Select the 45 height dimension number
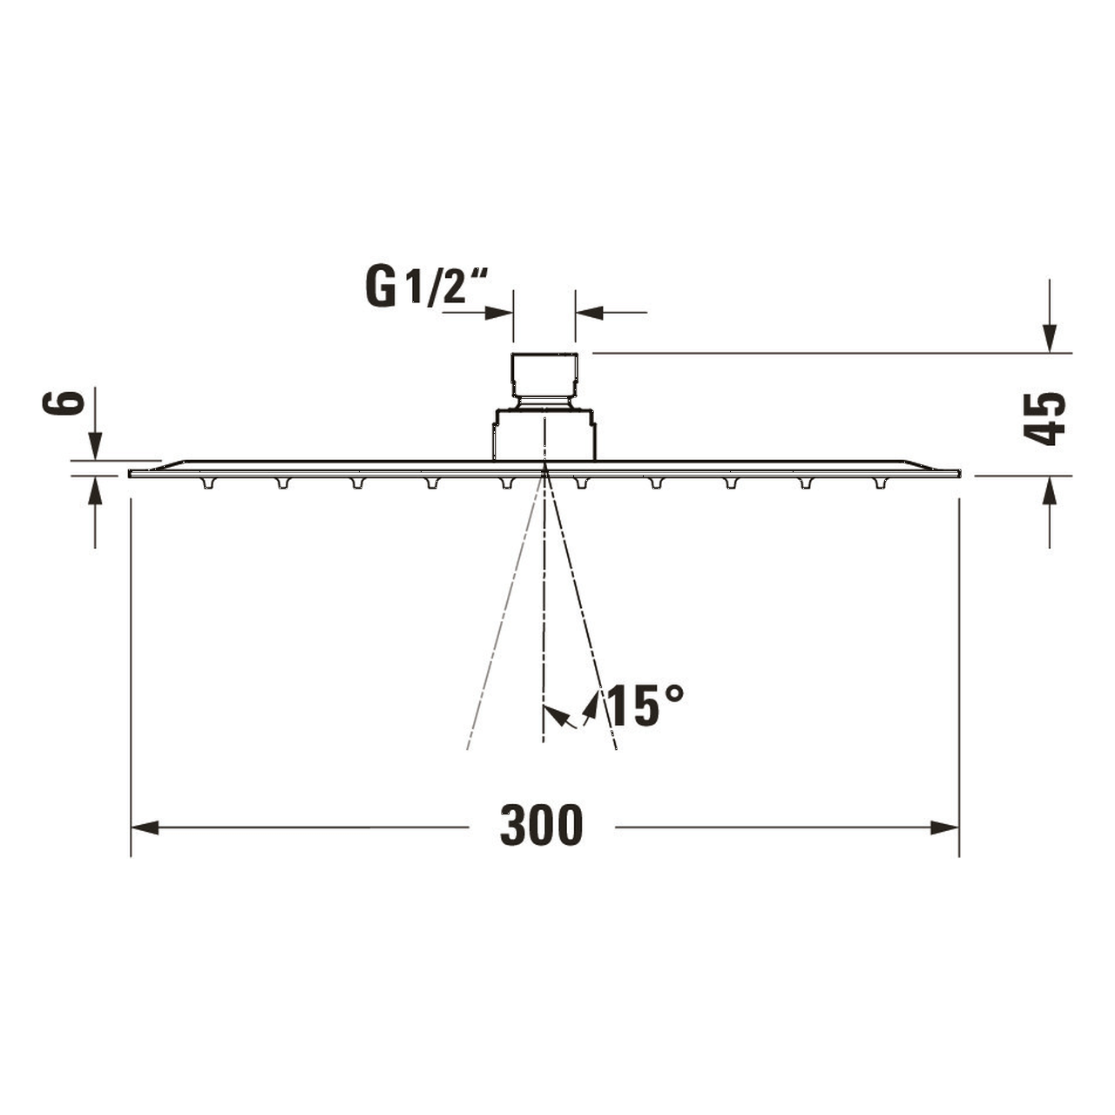coord(1044,419)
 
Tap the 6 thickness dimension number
coord(64,402)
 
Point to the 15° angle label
coord(645,706)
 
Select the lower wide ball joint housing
coord(544,434)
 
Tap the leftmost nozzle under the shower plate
coord(207,483)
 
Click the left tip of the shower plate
coord(131,473)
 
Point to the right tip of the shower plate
coord(958,473)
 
